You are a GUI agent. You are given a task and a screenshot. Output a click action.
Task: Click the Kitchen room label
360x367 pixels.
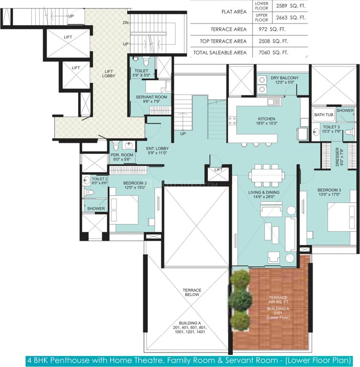(x=267, y=119)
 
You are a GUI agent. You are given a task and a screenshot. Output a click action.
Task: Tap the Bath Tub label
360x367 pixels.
(x=324, y=115)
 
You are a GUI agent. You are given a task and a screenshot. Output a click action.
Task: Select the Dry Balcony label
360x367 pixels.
(x=285, y=78)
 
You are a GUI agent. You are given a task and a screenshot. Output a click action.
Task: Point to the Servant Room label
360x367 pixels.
(x=152, y=97)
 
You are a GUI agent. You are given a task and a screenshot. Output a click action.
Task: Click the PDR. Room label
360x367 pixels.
(x=122, y=155)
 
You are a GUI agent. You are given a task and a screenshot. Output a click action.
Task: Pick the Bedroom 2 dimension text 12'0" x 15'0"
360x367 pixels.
(x=135, y=188)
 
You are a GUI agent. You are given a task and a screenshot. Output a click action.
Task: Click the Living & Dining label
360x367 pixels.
(x=264, y=193)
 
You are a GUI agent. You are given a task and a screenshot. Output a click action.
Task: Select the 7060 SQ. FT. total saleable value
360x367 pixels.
(x=273, y=53)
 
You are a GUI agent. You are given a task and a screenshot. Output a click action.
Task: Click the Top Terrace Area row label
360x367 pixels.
(x=223, y=41)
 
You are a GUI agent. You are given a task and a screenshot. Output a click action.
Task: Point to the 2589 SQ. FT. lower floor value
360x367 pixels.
(x=291, y=6)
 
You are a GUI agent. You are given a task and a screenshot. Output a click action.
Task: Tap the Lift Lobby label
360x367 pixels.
(x=109, y=73)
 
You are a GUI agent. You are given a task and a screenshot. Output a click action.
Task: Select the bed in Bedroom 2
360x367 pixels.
(x=124, y=210)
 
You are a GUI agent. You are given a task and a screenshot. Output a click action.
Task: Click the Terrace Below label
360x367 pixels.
(x=192, y=292)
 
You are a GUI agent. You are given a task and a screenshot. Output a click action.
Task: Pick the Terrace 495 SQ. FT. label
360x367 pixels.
(x=278, y=299)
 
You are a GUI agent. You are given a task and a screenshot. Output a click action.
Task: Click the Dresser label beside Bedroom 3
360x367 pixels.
(x=337, y=157)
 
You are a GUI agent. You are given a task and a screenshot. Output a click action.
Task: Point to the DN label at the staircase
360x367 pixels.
(x=126, y=23)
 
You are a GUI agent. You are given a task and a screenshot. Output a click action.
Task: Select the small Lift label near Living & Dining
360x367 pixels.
(x=218, y=170)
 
